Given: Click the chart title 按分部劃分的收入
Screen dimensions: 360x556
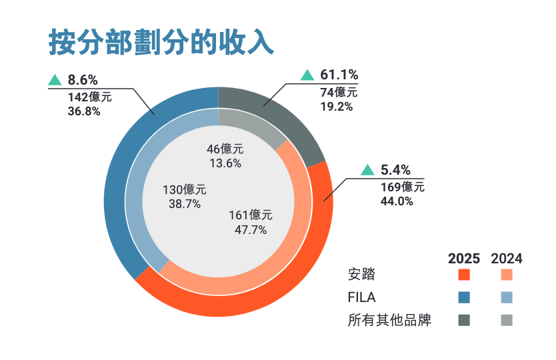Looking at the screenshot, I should [161, 41].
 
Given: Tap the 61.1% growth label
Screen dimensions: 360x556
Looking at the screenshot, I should [339, 75].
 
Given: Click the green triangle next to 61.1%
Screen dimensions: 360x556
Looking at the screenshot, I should [307, 75].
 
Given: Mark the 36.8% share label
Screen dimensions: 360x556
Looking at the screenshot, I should [84, 111].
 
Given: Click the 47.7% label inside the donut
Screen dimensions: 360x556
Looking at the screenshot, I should [250, 230].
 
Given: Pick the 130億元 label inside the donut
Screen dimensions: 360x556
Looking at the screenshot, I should [185, 190].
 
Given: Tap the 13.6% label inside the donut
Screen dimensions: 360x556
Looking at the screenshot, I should [225, 163].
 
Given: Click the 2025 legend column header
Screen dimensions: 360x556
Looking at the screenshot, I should [464, 259].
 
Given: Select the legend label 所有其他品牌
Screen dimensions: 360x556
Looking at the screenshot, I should [390, 321].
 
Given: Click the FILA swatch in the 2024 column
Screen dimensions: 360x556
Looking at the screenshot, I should [507, 297].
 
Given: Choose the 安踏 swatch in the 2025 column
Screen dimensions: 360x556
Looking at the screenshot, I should [464, 275].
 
